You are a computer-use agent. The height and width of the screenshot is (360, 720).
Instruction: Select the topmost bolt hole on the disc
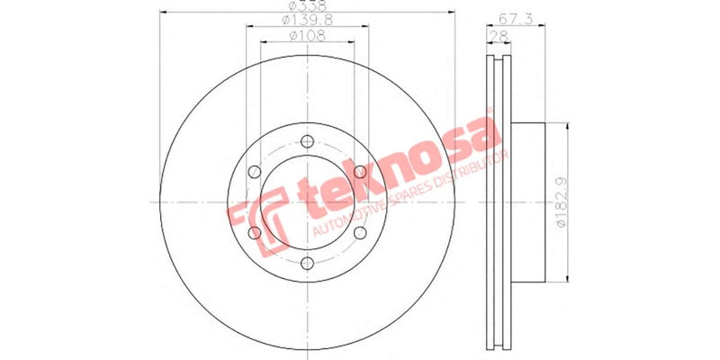tap(308, 141)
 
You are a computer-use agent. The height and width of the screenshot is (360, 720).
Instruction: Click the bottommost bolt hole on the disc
tap(308, 264)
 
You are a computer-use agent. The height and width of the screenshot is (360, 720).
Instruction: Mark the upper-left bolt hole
tap(255, 172)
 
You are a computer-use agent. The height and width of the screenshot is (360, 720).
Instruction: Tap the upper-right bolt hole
tap(360, 172)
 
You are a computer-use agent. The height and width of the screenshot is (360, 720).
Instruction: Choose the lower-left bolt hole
tap(255, 233)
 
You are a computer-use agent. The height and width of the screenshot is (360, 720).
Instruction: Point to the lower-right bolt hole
tap(360, 233)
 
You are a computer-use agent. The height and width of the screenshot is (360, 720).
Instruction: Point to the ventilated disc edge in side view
tap(498, 202)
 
